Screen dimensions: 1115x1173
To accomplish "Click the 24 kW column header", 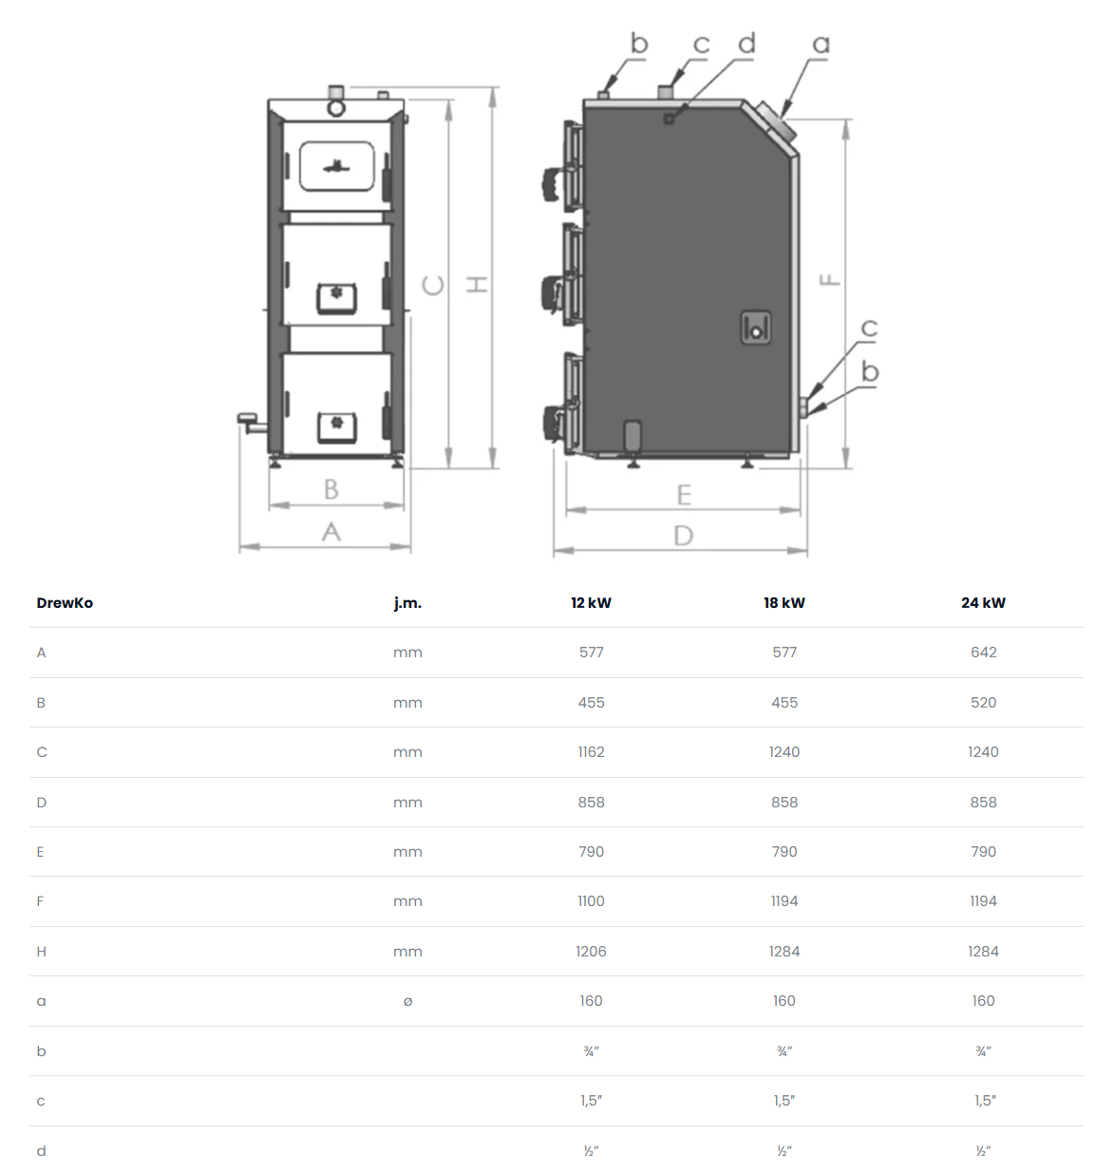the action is [983, 602].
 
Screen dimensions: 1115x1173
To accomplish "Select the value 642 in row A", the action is [983, 653].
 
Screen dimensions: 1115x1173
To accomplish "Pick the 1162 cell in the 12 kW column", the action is [591, 752].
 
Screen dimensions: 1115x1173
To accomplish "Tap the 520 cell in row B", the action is [983, 702].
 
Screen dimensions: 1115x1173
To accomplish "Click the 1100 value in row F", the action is [591, 901].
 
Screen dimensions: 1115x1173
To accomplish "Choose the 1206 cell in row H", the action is [591, 951].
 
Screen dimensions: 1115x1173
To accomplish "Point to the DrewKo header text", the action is [65, 602].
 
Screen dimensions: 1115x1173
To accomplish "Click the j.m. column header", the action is [407, 602].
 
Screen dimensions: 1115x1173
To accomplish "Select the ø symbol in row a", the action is [407, 1001].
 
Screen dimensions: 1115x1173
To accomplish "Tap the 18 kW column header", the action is [784, 602].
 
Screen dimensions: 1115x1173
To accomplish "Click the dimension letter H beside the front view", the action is [478, 285].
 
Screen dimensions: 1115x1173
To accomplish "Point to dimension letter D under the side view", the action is [683, 535].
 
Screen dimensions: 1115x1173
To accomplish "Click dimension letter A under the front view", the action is [331, 531].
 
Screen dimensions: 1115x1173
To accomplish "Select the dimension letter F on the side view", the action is [830, 279].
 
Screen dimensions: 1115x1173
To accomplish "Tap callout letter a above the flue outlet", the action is [821, 44].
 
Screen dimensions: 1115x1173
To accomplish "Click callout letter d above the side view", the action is [746, 43].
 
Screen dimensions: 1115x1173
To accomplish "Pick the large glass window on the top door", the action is [336, 166].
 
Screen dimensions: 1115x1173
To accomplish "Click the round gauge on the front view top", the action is [336, 108].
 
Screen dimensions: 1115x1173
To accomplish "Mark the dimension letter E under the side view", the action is [684, 495].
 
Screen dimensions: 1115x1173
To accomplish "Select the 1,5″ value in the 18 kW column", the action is [784, 1100].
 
